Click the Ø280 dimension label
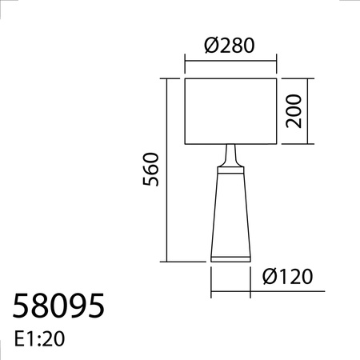230,46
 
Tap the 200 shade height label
294,111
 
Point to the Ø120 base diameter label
286,278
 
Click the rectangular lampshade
230,111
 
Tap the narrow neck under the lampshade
230,154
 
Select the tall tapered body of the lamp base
230,212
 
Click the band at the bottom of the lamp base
230,257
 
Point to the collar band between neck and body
230,169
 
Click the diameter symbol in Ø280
210,46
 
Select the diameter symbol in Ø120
269,278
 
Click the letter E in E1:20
19,339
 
